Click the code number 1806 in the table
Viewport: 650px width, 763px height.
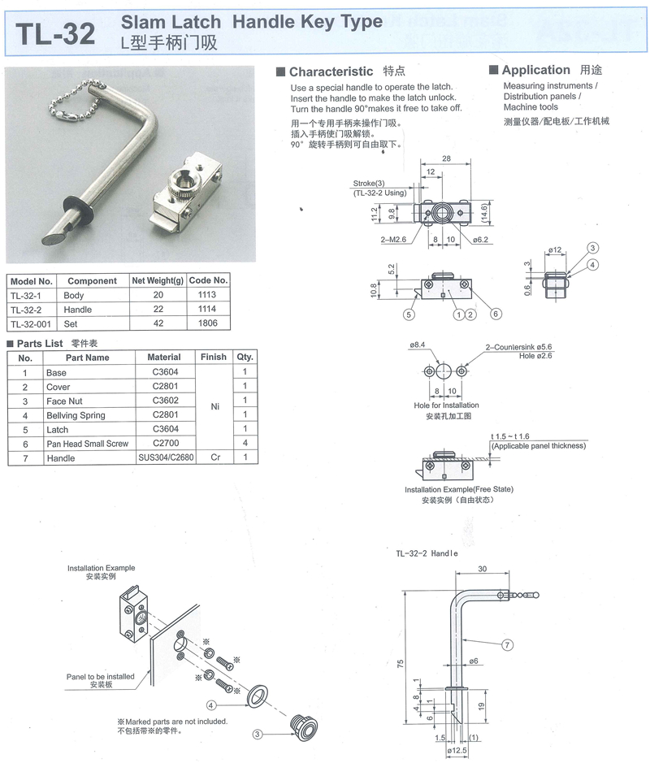pos(208,323)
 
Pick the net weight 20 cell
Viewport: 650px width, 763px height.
pos(157,296)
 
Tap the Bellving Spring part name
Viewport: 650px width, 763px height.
pos(76,415)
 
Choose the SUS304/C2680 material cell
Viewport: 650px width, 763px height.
pos(164,458)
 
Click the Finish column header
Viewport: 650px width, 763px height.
pos(214,358)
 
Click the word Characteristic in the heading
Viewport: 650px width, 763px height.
pos(331,72)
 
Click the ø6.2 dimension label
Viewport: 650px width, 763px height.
pos(480,240)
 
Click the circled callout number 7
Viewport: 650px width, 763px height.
pos(508,645)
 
